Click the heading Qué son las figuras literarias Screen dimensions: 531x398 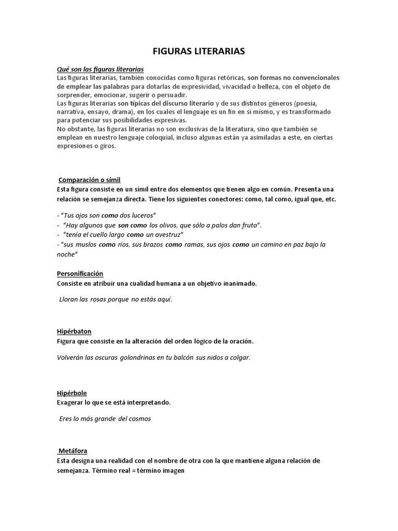(x=100, y=69)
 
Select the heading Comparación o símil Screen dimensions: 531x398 (x=90, y=179)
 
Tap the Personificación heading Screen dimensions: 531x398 (x=80, y=273)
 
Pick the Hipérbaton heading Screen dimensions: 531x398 (x=74, y=331)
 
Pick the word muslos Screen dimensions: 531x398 (x=86, y=244)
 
